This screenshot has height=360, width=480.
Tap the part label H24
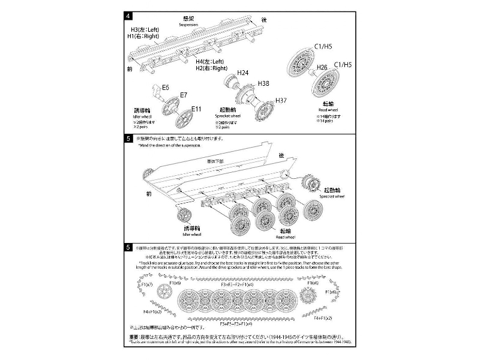(242, 73)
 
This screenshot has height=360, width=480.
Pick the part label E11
(197, 109)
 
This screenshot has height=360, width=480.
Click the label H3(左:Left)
(142, 29)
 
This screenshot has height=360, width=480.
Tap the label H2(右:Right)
(209, 68)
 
